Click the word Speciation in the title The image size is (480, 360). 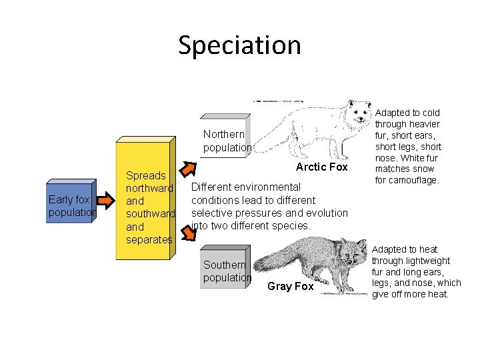(239, 45)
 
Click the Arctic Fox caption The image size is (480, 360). (321, 167)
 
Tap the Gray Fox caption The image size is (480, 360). (290, 286)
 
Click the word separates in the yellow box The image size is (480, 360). (149, 239)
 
